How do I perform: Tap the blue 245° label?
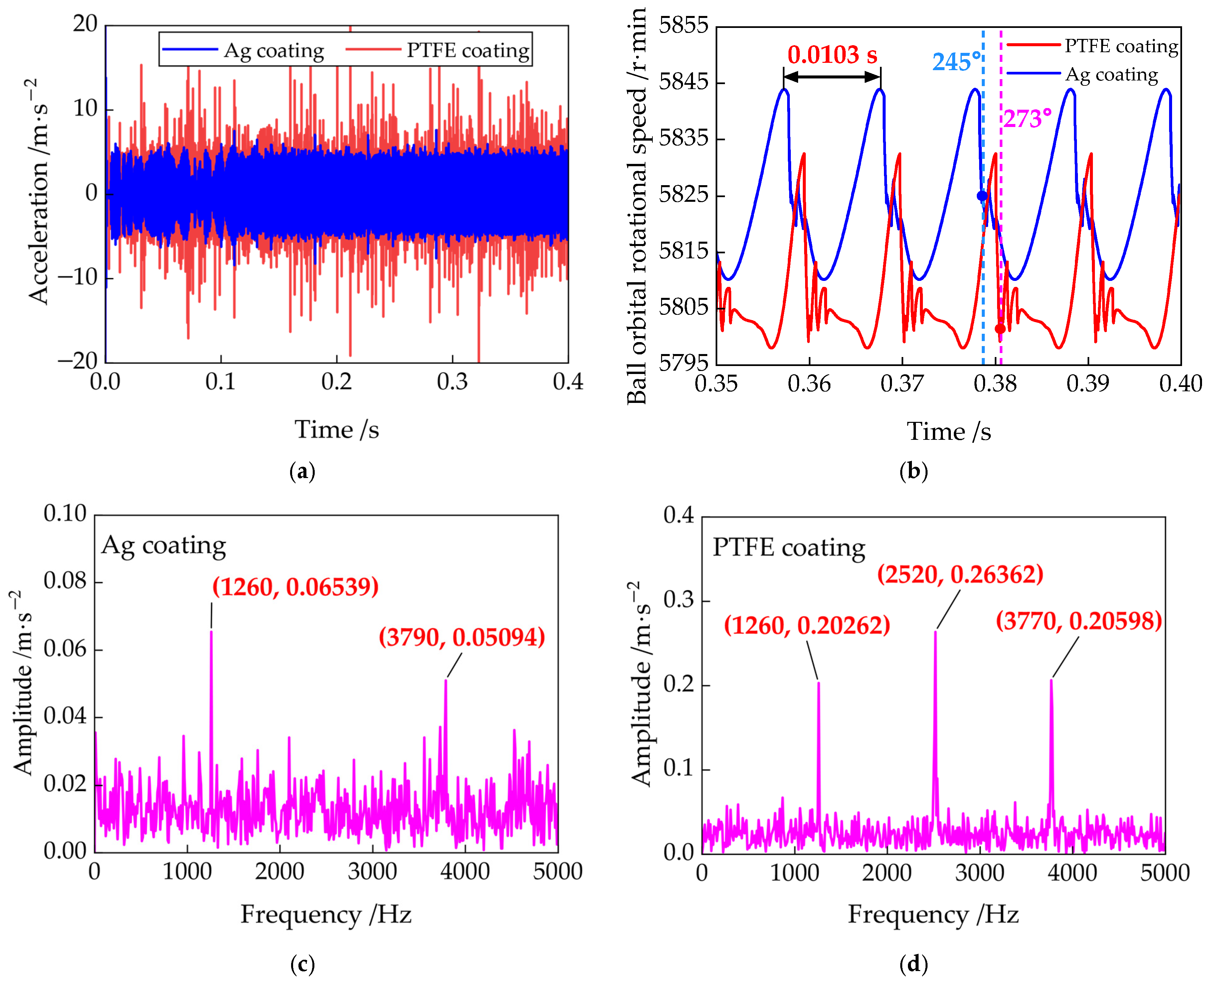pyautogui.click(x=956, y=62)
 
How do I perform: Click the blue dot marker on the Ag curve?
pyautogui.click(x=982, y=196)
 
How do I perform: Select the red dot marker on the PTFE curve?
pyautogui.click(x=1000, y=329)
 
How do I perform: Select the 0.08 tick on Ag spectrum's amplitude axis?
pyautogui.click(x=65, y=581)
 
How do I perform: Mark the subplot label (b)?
pyautogui.click(x=913, y=471)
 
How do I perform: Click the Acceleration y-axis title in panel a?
pyautogui.click(x=39, y=193)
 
